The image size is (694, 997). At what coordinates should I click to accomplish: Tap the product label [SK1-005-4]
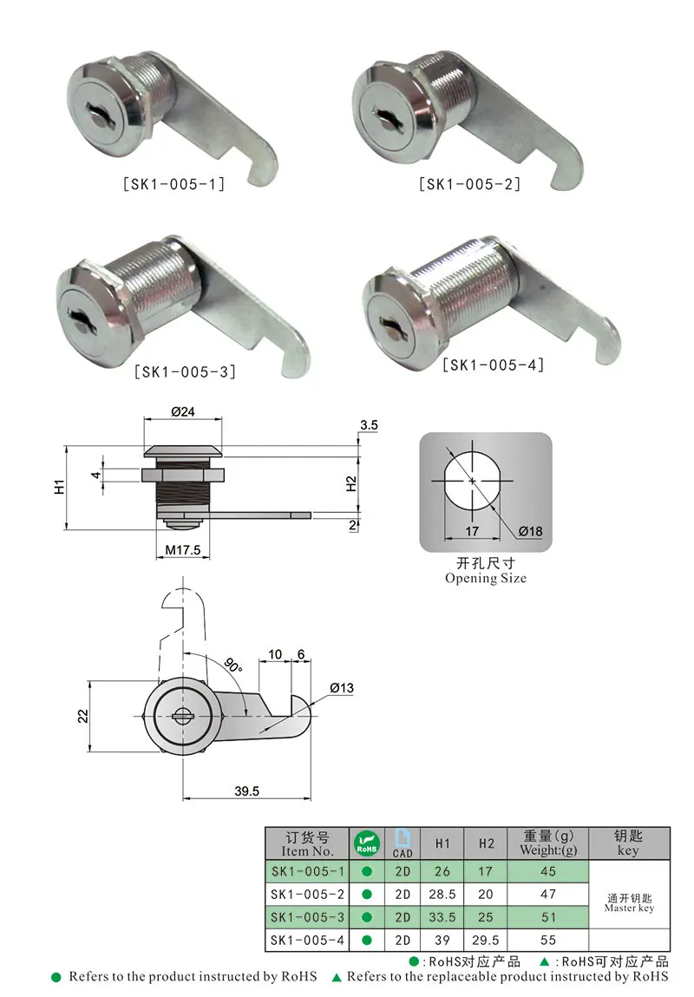tap(494, 365)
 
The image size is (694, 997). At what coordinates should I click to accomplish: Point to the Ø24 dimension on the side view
tap(182, 413)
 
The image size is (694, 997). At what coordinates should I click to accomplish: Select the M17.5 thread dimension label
tap(183, 550)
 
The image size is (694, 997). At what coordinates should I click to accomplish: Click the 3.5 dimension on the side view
tap(368, 426)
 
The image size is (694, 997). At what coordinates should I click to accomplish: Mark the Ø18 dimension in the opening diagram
tap(532, 531)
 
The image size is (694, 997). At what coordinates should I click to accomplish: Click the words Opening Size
tap(485, 579)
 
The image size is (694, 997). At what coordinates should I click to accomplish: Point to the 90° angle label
tap(232, 666)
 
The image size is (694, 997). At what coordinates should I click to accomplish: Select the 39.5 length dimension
tap(246, 791)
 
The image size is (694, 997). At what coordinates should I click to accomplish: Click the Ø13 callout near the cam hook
tap(341, 688)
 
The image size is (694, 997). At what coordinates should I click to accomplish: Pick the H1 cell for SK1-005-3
tap(442, 917)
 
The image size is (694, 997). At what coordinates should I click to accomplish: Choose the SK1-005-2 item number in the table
tap(307, 894)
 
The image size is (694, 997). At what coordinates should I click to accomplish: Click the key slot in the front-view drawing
tap(183, 717)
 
